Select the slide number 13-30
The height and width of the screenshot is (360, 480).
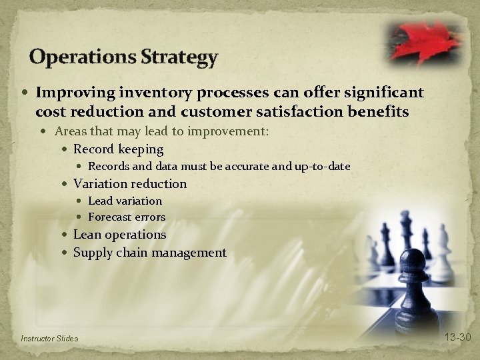point(457,337)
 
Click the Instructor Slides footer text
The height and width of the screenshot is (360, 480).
point(49,339)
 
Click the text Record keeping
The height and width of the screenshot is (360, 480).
point(118,149)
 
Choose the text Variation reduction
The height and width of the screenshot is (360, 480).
point(129,183)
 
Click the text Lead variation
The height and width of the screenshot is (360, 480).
point(125,201)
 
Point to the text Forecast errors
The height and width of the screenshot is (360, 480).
point(127,217)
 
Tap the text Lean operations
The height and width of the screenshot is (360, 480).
point(119,235)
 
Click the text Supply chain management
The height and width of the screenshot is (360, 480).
point(149,253)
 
